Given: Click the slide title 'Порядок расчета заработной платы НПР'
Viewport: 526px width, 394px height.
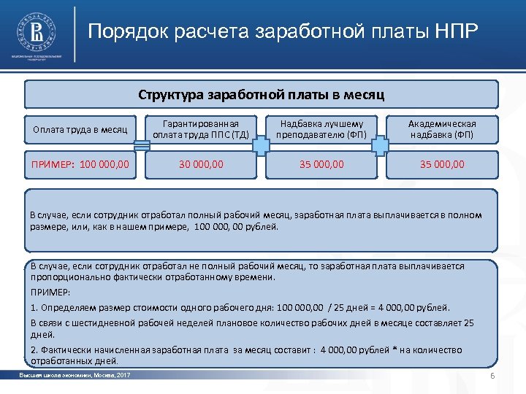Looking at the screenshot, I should (283, 33).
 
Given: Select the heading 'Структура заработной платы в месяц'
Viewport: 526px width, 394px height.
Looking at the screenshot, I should (261, 95).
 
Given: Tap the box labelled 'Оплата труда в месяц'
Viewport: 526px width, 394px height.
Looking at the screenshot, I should (80, 130).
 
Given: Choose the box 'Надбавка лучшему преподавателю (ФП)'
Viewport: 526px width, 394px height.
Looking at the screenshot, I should (321, 129).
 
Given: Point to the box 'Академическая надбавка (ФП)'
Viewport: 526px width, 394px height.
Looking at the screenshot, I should (441, 129).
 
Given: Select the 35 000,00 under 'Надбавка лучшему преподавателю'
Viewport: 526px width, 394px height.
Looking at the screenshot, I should (321, 164).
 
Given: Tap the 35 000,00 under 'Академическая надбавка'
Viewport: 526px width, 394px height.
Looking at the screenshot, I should (441, 164).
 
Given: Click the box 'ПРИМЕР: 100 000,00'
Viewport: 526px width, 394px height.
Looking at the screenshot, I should (80, 164).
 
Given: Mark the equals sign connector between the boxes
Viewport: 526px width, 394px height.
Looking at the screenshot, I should (142, 147).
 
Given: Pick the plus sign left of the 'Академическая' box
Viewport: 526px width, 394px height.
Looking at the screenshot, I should (381, 147).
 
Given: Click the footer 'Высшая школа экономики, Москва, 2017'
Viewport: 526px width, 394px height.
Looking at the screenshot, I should (75, 375).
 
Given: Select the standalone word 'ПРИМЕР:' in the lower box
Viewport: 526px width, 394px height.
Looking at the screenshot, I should (50, 292).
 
